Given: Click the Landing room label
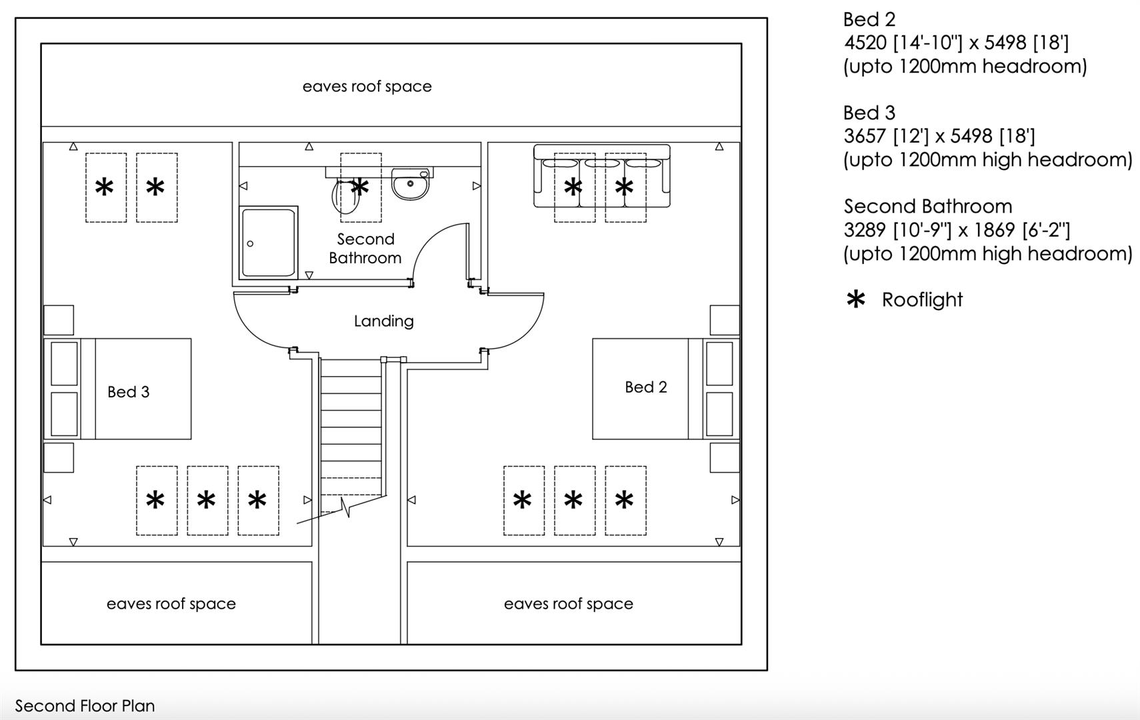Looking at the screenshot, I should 383,321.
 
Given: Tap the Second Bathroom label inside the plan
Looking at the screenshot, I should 365,249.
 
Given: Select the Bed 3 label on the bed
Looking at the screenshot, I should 128,392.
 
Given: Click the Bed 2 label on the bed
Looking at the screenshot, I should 645,387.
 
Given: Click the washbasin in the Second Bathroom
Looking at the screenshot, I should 410,185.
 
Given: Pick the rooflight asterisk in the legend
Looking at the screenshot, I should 855,300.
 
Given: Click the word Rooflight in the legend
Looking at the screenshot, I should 922,300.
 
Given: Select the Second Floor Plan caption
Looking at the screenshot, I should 85,706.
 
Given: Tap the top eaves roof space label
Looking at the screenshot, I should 367,87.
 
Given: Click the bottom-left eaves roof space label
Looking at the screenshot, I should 171,604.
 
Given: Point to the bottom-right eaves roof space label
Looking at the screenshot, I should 568,604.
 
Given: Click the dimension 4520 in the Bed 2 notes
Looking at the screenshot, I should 865,43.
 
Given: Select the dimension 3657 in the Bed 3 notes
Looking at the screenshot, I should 865,137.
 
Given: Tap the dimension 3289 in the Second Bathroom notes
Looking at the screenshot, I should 865,231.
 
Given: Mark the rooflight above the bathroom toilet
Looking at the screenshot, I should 361,187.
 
